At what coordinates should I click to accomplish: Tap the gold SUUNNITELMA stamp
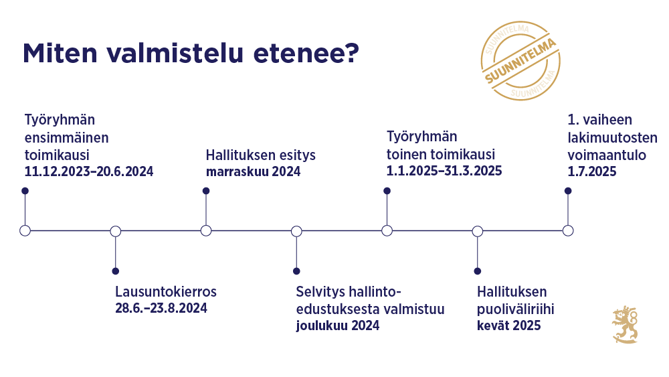point(520,61)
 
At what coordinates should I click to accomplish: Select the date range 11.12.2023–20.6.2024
point(89,171)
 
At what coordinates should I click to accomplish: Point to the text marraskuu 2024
point(253,172)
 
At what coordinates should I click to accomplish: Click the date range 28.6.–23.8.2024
point(161,308)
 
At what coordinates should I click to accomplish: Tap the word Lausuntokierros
point(166,292)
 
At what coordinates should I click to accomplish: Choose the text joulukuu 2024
point(338,326)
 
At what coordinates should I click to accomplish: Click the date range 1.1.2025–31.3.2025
point(444,171)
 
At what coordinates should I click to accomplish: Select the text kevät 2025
point(509,326)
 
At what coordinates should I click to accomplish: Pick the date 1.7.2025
point(592,171)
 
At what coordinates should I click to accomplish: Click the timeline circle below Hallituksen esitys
point(206,231)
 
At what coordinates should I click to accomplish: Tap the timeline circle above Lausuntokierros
point(116,231)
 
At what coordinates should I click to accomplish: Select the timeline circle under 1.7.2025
point(568,231)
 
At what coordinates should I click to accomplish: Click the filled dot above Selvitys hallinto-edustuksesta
point(296,271)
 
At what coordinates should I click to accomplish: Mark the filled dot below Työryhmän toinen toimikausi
point(387,191)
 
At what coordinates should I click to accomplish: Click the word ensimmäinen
point(67,137)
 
